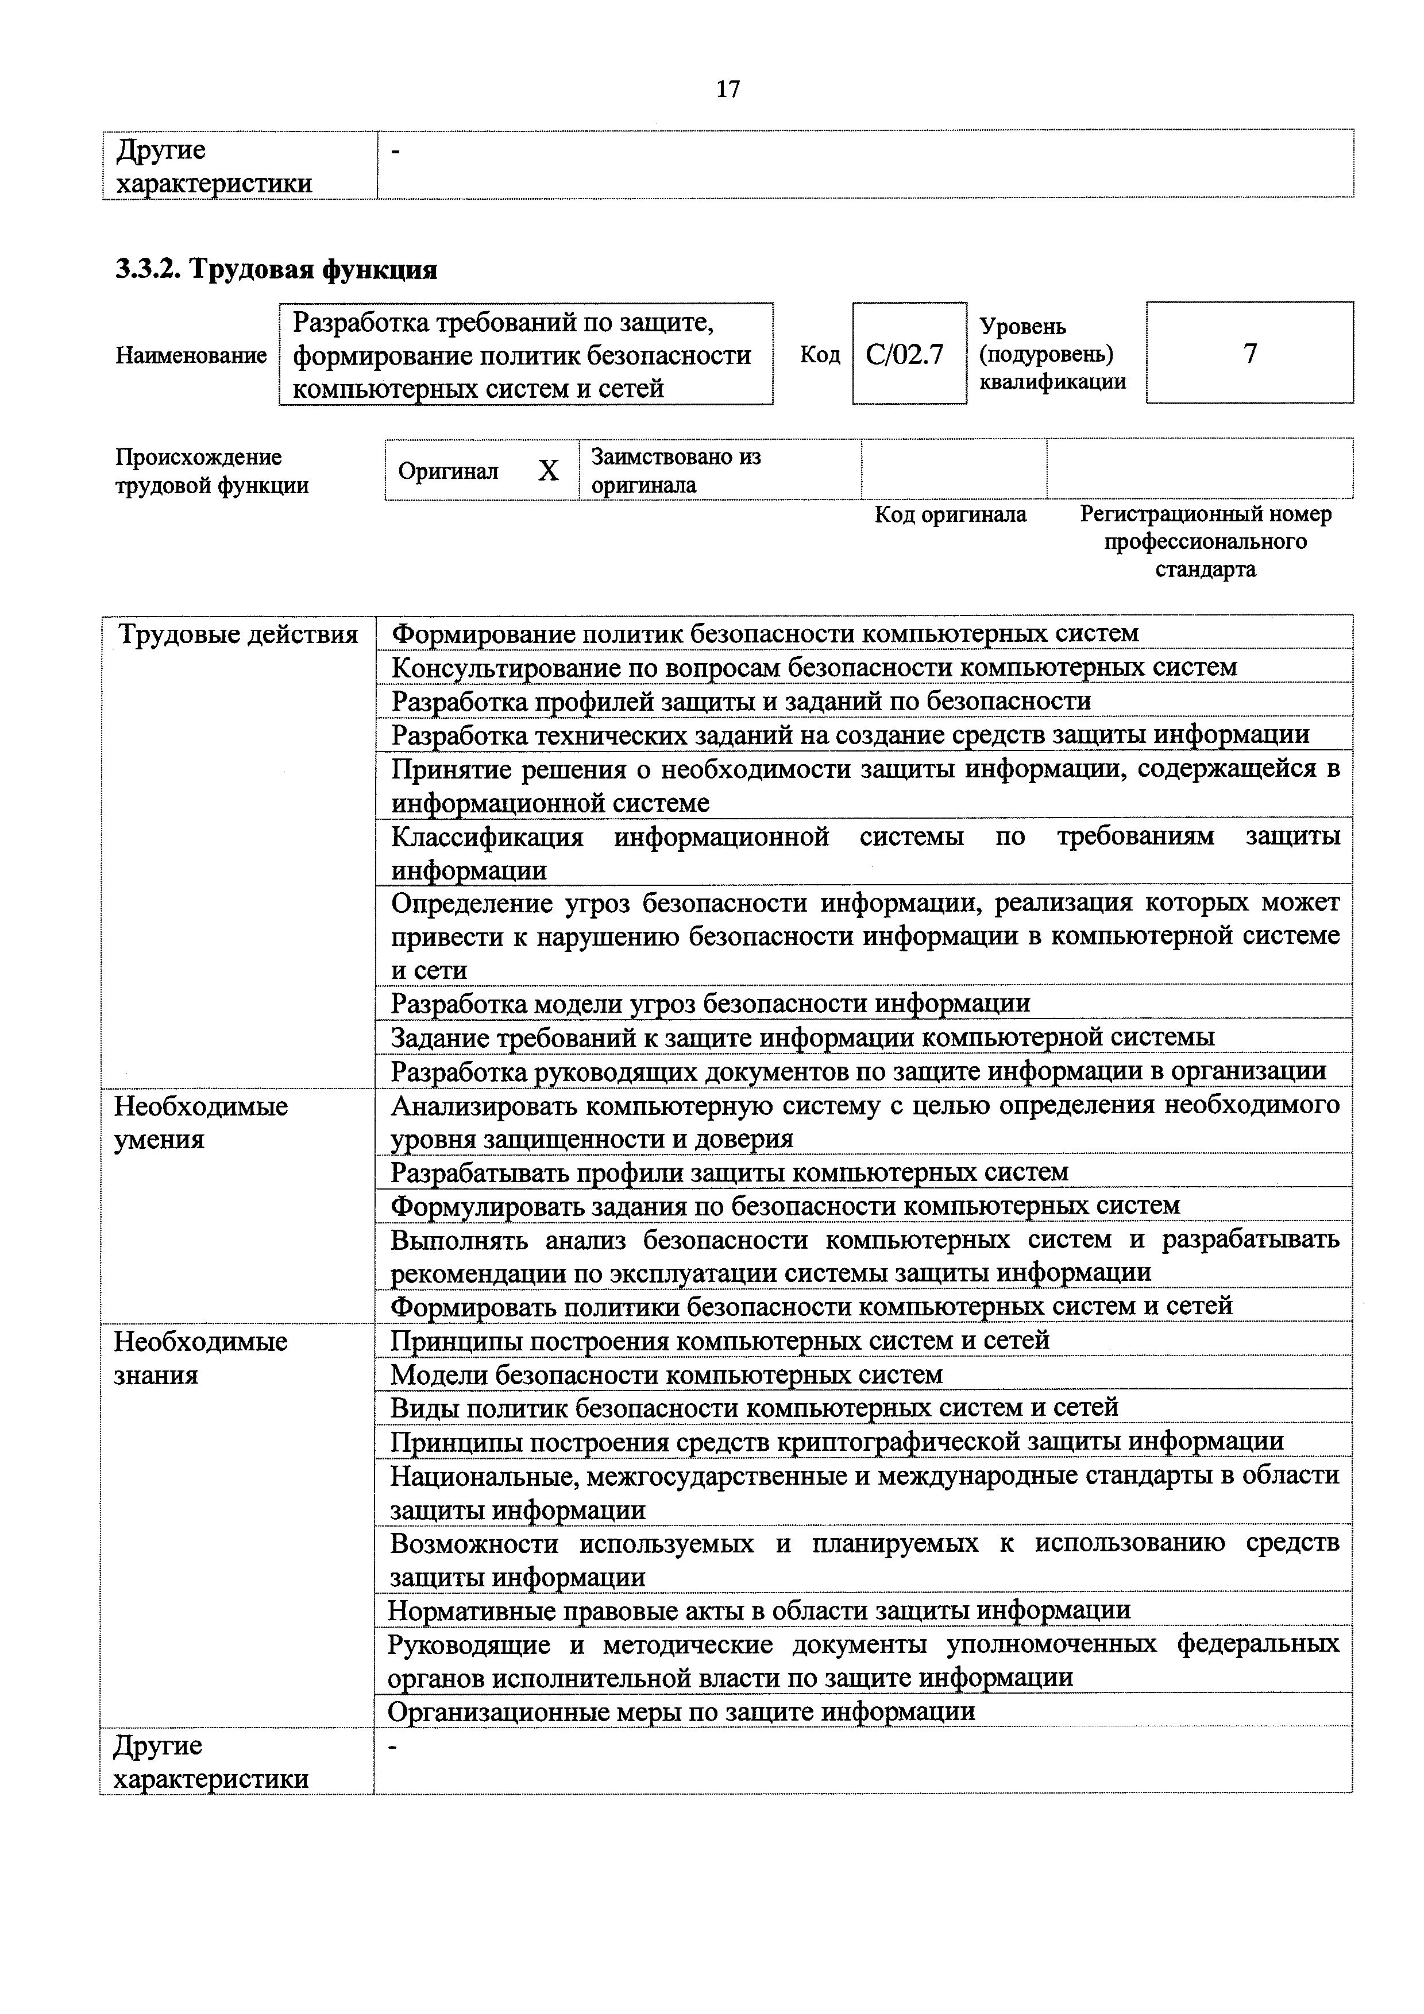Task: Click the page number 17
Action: [x=727, y=90]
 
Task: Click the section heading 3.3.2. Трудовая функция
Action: [x=276, y=269]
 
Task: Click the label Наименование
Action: [x=191, y=355]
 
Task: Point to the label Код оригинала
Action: [x=950, y=514]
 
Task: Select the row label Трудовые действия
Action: [x=238, y=634]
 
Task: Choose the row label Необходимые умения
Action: [x=201, y=1123]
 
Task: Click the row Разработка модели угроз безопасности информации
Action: [x=710, y=1002]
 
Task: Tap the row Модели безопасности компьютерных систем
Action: [x=666, y=1374]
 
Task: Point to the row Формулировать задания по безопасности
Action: [x=785, y=1205]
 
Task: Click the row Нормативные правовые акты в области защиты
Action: [x=758, y=1610]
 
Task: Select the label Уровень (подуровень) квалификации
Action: [x=1052, y=354]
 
